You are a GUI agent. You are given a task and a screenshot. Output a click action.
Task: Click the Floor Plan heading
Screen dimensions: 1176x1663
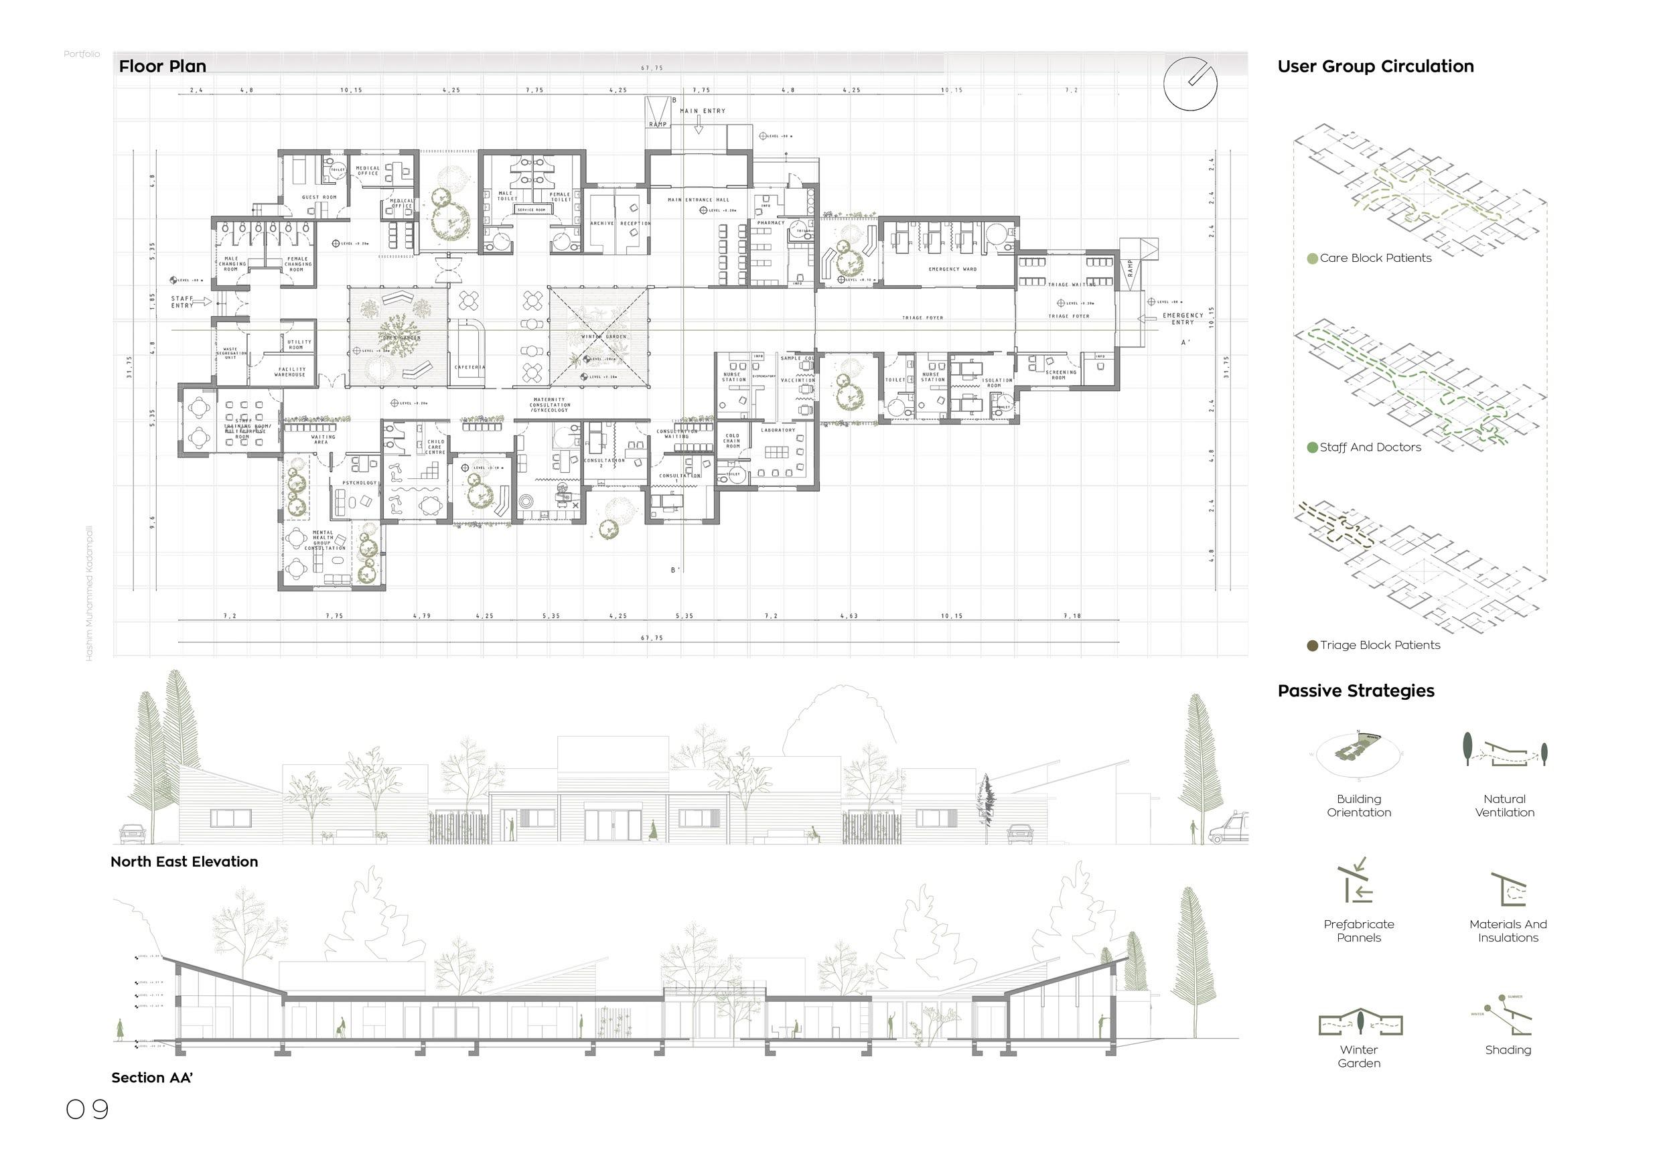click(x=162, y=66)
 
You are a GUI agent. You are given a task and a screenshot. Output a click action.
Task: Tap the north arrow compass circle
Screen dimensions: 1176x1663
click(x=1189, y=84)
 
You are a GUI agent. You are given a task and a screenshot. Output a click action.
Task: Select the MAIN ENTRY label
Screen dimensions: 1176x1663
click(x=701, y=111)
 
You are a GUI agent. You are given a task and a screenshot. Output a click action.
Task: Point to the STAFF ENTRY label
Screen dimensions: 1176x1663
click(x=183, y=301)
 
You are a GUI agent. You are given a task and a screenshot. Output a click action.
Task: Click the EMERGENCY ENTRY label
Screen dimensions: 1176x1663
click(x=1182, y=318)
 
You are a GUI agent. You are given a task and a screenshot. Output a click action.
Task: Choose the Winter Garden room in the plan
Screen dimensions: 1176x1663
click(x=598, y=338)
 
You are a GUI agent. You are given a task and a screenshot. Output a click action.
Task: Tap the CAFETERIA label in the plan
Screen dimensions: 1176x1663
click(x=470, y=367)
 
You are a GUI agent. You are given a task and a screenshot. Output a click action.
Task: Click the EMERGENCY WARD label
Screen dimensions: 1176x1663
click(x=952, y=269)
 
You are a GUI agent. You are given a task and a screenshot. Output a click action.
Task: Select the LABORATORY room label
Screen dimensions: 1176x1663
click(x=777, y=430)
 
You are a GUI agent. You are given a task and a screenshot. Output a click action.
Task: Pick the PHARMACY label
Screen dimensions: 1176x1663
click(x=770, y=222)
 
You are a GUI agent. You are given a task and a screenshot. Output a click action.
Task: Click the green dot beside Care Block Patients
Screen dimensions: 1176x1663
click(x=1311, y=259)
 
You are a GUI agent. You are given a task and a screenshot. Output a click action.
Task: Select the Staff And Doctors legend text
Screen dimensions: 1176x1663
click(x=1370, y=447)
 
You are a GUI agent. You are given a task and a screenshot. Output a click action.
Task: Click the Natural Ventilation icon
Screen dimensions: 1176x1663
click(x=1504, y=751)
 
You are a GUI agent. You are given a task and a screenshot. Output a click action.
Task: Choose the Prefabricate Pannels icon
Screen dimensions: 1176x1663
click(x=1358, y=883)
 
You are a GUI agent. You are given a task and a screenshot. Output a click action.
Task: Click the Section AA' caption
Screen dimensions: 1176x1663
click(x=151, y=1078)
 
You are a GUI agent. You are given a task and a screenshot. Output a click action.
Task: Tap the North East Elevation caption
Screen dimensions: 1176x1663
click(x=184, y=862)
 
